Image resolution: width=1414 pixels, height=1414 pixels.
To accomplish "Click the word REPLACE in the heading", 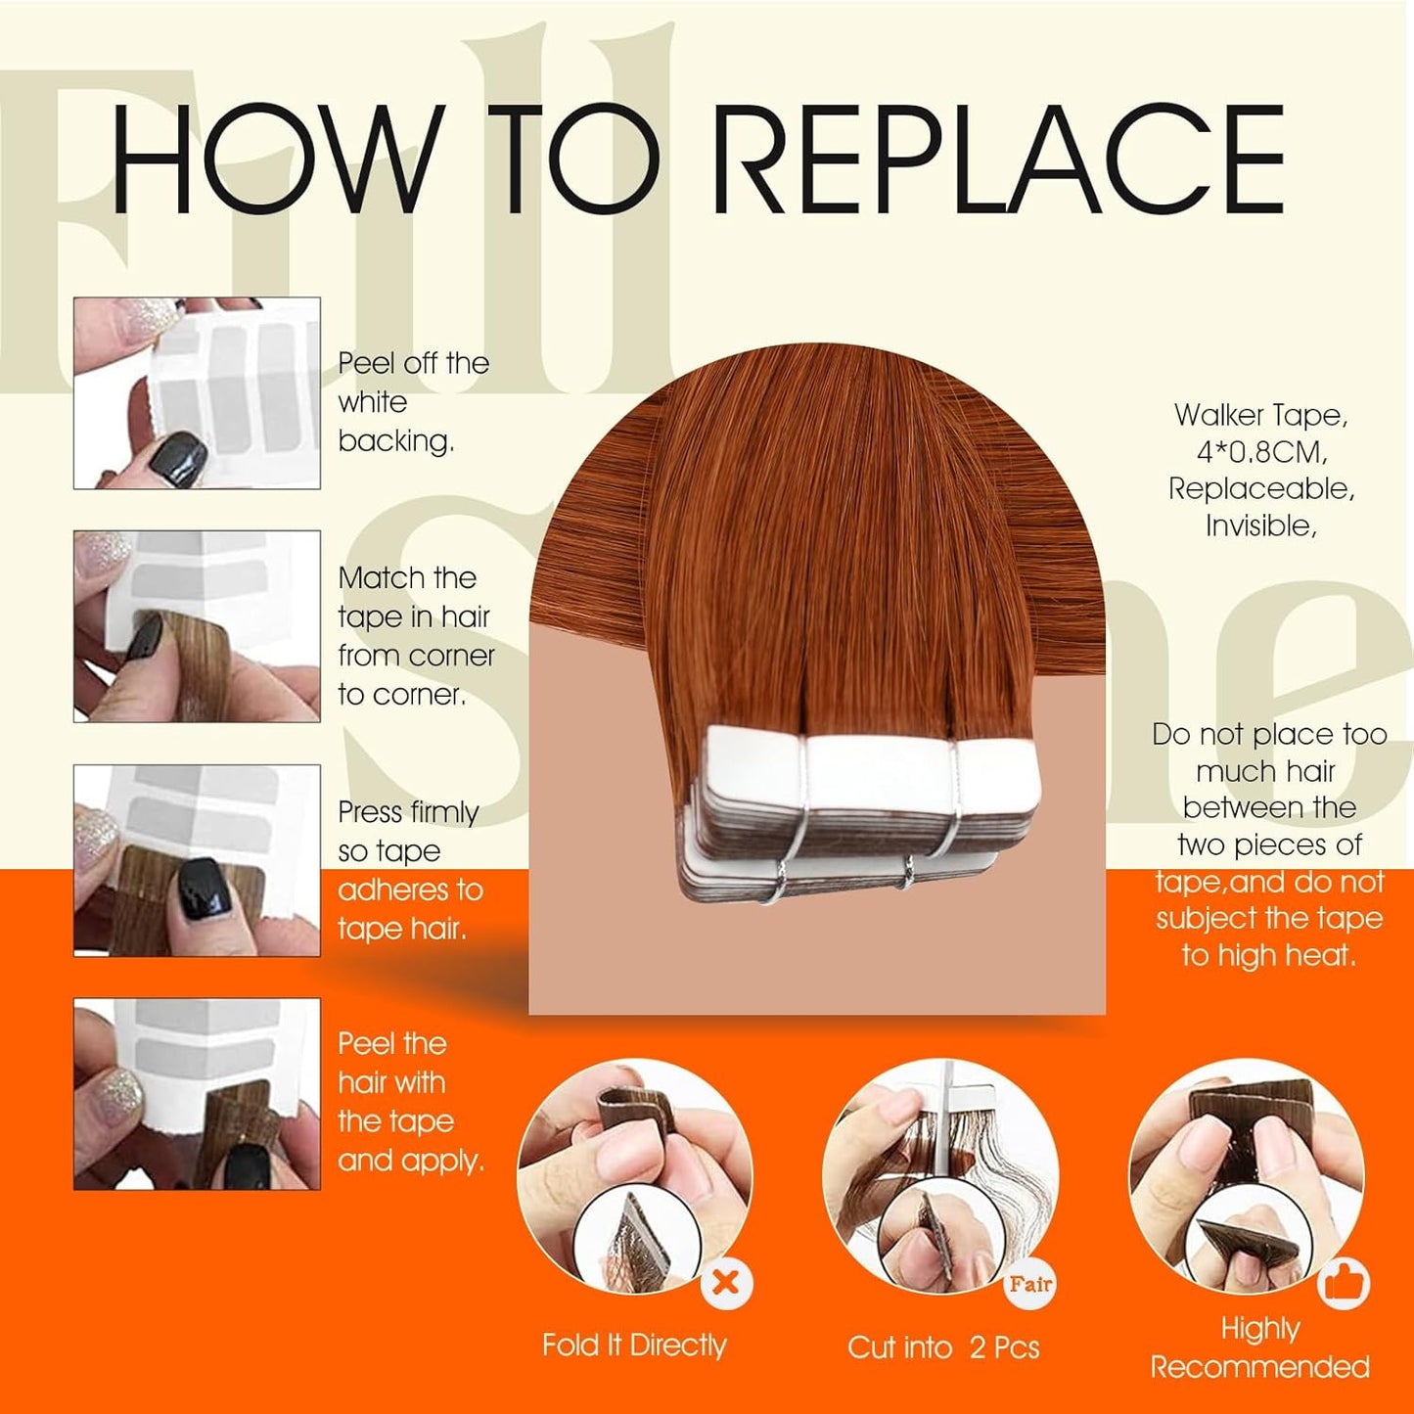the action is pos(999,159).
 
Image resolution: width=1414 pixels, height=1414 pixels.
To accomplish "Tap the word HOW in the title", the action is pos(278,159).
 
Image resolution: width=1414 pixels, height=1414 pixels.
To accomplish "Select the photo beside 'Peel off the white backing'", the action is pos(197,392).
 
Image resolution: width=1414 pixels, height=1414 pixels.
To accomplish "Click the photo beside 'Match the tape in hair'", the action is pos(197,626).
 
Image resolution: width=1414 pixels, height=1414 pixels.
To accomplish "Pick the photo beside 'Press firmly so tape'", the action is pos(197,860).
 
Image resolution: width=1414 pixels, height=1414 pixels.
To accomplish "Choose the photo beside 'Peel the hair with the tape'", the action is pos(197,1093).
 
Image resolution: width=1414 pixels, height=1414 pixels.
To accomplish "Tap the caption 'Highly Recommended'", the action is pos(1260,1348).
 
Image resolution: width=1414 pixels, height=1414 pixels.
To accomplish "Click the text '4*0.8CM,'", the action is pos(1261,452).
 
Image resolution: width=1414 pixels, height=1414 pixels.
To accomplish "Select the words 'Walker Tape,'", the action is pos(1261,415).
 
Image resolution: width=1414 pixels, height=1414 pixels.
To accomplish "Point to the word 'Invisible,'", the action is pos(1261,525).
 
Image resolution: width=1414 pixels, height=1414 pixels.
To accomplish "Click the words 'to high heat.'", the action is pos(1268,955).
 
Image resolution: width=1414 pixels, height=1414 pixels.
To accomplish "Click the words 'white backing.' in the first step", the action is pos(395,421).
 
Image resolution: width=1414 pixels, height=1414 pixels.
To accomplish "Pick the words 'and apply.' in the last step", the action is pos(411,1162).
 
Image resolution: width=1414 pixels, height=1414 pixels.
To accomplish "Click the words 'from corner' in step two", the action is pos(416,656).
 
